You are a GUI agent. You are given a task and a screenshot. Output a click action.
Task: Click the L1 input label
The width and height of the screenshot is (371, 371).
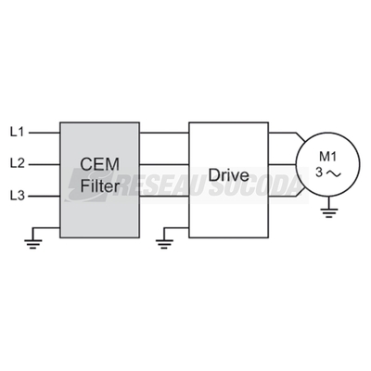(x=18, y=133)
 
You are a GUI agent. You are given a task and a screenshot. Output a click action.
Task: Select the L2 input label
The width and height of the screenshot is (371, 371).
(x=18, y=163)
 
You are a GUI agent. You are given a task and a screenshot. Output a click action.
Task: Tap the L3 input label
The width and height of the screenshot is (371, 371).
(x=18, y=196)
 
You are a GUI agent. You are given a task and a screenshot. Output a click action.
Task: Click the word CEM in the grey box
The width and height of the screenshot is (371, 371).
(x=99, y=164)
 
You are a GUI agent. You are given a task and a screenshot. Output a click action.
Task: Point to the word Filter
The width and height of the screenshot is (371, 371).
(x=99, y=186)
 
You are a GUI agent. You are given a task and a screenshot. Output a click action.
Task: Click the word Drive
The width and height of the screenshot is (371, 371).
(x=228, y=175)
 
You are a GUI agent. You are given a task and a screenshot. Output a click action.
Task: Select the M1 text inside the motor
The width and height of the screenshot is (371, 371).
(x=327, y=157)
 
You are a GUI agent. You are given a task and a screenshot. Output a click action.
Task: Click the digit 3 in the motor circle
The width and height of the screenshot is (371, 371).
(x=319, y=173)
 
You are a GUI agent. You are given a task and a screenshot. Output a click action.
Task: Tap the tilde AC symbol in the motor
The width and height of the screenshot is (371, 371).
(x=333, y=173)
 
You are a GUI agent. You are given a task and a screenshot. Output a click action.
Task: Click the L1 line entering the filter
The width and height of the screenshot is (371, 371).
(x=45, y=133)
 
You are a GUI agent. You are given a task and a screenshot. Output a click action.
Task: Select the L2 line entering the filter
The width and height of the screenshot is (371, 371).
(x=45, y=164)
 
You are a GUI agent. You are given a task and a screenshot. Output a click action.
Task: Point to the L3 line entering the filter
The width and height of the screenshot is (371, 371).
(x=45, y=196)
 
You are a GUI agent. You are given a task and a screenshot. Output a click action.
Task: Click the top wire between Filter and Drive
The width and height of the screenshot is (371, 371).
(x=164, y=133)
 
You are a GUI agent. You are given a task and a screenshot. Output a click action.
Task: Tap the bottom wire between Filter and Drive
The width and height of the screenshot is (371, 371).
(x=164, y=196)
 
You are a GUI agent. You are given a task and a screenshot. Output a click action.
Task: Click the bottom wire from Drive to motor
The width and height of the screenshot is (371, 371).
(x=286, y=194)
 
